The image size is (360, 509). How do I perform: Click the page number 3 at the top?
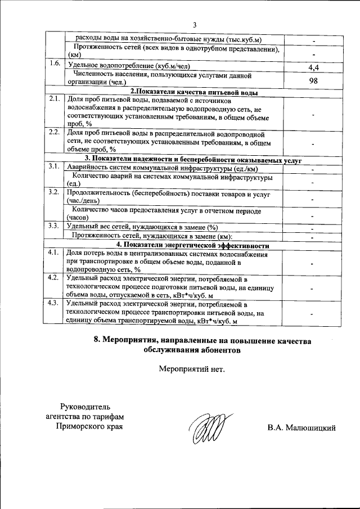(195, 25)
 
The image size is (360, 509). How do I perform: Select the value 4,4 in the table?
(314, 67)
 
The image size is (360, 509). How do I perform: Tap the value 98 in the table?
(314, 80)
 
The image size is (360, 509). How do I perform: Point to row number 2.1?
(55, 99)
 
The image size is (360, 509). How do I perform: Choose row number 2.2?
(55, 133)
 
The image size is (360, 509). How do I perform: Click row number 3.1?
(55, 166)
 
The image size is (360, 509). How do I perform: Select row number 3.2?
(55, 192)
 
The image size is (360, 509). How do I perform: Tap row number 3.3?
(55, 226)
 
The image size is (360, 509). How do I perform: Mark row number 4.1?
(55, 253)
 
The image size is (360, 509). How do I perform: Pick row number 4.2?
(55, 278)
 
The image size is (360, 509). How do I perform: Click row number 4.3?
(55, 303)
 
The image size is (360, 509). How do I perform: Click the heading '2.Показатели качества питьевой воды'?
(194, 91)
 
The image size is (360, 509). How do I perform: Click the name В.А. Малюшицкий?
(301, 429)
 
